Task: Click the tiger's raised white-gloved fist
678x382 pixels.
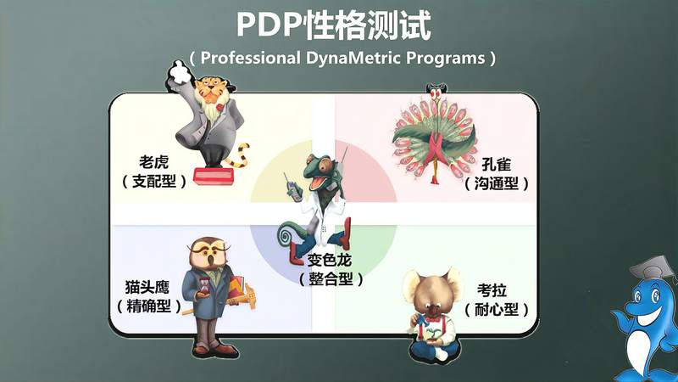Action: click(x=179, y=71)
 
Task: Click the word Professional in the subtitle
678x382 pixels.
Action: click(x=253, y=59)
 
